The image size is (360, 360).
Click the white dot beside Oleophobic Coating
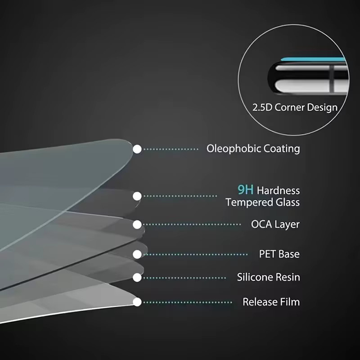click(137, 149)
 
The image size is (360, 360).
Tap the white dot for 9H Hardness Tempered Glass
click(137, 196)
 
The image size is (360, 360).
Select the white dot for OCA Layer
click(137, 225)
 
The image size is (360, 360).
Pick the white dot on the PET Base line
click(137, 254)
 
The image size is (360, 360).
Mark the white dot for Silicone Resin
click(137, 278)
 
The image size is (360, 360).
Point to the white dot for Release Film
click(137, 302)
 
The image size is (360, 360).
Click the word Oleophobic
click(234, 149)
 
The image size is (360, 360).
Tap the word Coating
click(282, 149)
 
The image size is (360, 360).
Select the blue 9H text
click(245, 190)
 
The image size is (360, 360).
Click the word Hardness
click(278, 190)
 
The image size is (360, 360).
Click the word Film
click(289, 302)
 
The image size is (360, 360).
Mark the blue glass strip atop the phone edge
click(313, 59)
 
